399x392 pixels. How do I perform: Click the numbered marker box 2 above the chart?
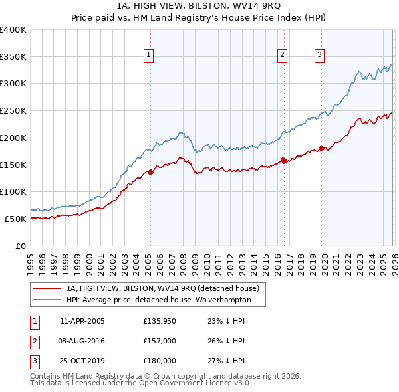(282, 55)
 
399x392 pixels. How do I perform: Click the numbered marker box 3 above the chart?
(320, 55)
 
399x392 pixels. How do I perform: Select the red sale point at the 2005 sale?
(150, 172)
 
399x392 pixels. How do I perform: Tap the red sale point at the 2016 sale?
(283, 160)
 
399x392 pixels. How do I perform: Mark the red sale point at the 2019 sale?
(321, 148)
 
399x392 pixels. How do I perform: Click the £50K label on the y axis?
(15, 219)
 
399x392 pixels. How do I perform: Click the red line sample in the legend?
(47, 288)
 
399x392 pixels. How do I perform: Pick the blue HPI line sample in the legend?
(47, 300)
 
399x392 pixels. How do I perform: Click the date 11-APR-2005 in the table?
(82, 321)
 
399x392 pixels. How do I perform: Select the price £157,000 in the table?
(159, 341)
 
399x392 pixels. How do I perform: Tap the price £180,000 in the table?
(159, 361)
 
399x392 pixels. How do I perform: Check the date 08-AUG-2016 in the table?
(82, 341)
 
